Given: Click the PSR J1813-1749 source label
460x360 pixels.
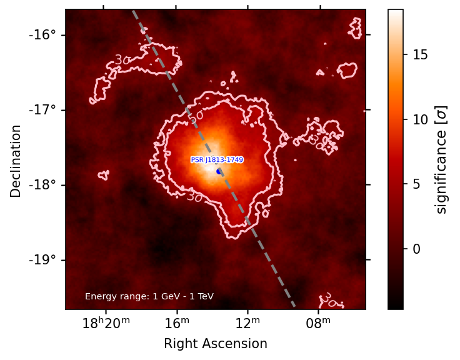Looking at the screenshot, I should (x=217, y=160).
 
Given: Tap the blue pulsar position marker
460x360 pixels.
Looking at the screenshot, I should (x=219, y=171).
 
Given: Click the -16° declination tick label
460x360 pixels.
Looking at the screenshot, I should (x=42, y=34).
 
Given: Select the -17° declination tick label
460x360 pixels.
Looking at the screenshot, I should (x=42, y=110).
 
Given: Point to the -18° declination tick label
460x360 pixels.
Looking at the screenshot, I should (x=42, y=185).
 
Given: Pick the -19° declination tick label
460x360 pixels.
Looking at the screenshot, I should (x=42, y=260).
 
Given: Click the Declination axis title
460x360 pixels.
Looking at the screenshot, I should (x=16, y=161).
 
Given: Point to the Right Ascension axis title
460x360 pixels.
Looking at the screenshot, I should (x=216, y=344).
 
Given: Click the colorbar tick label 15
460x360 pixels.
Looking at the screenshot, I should (x=420, y=55).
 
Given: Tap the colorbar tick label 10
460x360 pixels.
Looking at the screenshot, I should (x=420, y=119).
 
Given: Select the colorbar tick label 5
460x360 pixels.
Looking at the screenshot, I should (x=416, y=184).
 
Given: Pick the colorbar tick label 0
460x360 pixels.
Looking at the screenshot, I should (x=416, y=249).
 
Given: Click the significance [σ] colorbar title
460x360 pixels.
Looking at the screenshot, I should (x=442, y=159).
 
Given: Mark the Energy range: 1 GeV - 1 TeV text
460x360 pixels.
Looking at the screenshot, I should (x=149, y=296).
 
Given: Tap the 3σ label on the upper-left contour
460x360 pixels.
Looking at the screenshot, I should (x=122, y=60).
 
